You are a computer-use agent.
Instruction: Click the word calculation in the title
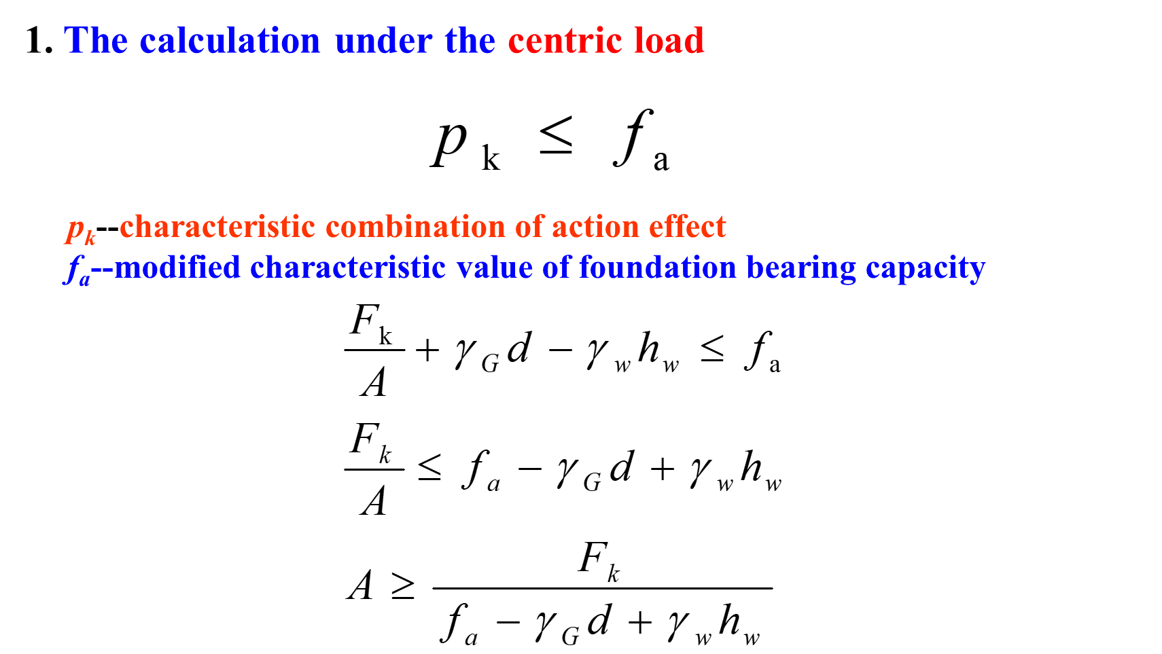(230, 41)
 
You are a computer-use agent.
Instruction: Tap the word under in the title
(383, 41)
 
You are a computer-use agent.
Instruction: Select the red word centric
(565, 41)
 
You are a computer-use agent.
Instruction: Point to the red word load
(669, 41)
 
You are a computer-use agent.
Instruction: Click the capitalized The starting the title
(96, 41)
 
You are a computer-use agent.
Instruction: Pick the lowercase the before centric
(470, 41)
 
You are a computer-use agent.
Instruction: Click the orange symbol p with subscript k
(80, 230)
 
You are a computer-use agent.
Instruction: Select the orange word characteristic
(217, 227)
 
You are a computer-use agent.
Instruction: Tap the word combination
(415, 227)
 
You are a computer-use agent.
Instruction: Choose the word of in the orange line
(528, 227)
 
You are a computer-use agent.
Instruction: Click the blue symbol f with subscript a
(77, 269)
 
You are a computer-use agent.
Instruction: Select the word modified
(177, 268)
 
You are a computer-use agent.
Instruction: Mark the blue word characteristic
(347, 268)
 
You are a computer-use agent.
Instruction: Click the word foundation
(657, 268)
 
